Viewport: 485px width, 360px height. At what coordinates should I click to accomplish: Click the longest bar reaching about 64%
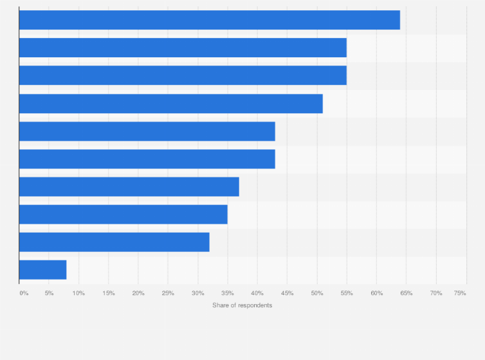[209, 20]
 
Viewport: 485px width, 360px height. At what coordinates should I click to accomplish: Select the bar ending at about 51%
[170, 104]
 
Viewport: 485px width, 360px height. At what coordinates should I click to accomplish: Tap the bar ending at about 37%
[129, 187]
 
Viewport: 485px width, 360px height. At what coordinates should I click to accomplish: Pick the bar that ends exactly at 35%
[123, 215]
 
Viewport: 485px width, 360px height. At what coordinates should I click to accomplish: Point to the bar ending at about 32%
[114, 242]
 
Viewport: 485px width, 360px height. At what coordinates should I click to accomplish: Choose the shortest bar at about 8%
[42, 270]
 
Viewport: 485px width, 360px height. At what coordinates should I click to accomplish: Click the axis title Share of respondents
[242, 305]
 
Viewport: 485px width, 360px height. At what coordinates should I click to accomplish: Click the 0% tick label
[24, 293]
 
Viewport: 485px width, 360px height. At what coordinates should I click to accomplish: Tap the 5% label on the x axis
[49, 293]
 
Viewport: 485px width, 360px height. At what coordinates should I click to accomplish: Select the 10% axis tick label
[78, 293]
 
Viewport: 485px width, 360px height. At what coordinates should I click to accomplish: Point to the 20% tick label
[138, 293]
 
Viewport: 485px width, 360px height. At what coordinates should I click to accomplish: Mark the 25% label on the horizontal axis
[168, 293]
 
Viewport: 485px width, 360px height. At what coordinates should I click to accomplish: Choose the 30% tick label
[197, 293]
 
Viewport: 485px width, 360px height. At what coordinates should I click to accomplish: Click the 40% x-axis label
[257, 293]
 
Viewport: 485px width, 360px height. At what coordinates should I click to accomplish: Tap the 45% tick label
[287, 293]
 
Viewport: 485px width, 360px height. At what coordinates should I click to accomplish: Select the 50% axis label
[317, 293]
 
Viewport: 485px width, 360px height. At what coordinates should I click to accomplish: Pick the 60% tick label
[376, 293]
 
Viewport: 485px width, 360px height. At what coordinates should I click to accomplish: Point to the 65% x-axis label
[406, 293]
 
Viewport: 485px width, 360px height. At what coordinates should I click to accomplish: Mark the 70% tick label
[436, 293]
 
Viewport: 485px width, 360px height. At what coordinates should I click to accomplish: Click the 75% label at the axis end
[460, 293]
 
